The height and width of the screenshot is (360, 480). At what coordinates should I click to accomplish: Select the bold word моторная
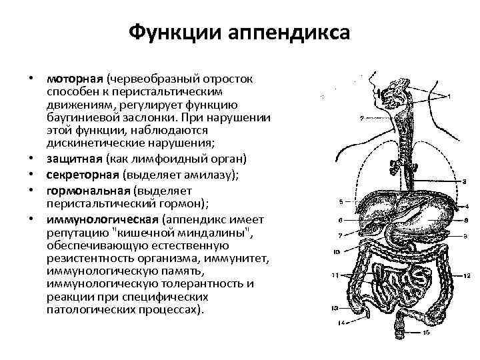tap(71, 79)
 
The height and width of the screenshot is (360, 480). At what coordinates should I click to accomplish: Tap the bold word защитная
tap(71, 158)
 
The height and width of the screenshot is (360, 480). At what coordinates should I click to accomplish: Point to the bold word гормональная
tap(79, 190)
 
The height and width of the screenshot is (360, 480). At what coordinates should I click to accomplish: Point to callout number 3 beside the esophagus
tap(464, 181)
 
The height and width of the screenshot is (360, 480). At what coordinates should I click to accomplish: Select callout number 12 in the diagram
tap(465, 275)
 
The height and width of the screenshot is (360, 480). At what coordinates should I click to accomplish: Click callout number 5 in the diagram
tap(341, 201)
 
